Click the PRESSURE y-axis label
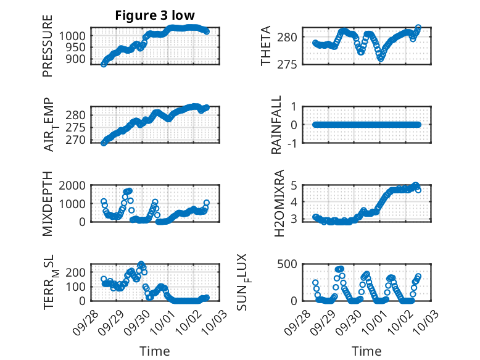tap(48, 46)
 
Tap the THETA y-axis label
tap(266, 46)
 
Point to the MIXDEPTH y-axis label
tap(48, 203)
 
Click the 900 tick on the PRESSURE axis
tap(78, 59)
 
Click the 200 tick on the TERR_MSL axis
tap(78, 272)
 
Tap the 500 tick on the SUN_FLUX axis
tap(292, 264)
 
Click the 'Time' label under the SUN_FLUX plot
tap(366, 351)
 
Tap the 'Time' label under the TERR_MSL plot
tap(155, 351)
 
